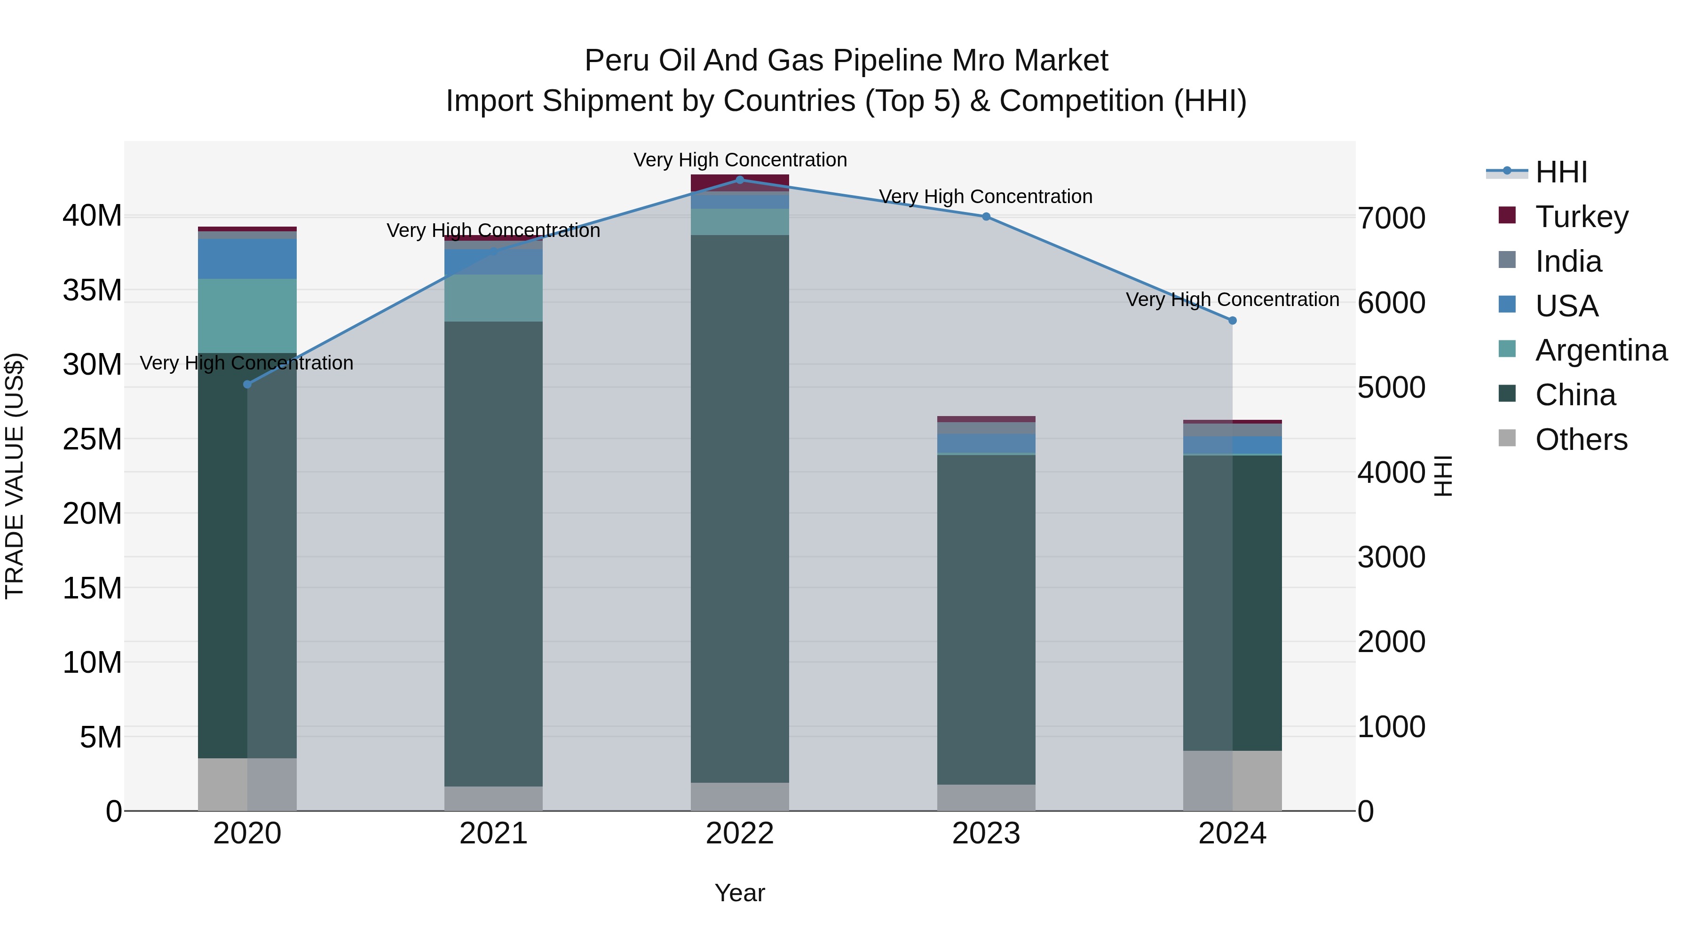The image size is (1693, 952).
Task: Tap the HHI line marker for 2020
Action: pos(247,385)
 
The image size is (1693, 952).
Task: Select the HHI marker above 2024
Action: pos(1232,321)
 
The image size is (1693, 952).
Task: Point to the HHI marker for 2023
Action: pos(986,216)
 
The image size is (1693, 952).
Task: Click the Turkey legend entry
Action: pos(1581,217)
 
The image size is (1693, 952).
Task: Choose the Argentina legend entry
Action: pos(1600,350)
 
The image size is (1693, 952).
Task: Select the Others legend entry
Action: pos(1581,440)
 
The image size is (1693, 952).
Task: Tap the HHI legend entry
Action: pos(1560,172)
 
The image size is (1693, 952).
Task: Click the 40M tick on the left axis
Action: pos(92,215)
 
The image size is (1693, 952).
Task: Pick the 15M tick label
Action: pos(92,588)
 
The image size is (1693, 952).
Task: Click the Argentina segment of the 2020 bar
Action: pos(247,315)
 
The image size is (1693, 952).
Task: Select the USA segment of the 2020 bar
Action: pos(247,259)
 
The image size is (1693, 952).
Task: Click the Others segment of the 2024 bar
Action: pos(1232,780)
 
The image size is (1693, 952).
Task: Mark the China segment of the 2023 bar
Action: pos(986,618)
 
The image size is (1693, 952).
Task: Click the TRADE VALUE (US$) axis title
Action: pos(15,476)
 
